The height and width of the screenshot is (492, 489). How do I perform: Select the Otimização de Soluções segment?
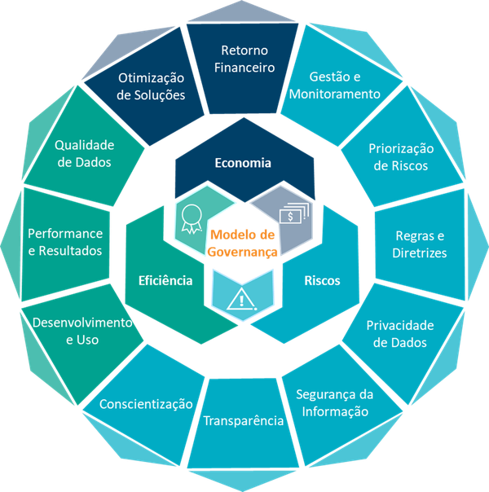point(148,86)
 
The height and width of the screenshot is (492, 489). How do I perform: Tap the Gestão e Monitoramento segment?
point(337,86)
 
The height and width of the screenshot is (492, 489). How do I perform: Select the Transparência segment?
point(243,422)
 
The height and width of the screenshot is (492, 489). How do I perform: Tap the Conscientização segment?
point(146,405)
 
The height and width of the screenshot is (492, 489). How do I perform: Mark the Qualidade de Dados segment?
point(85,151)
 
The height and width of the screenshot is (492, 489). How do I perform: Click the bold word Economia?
point(243,163)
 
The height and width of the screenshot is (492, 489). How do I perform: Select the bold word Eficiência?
point(165,280)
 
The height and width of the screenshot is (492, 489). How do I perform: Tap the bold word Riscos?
point(323,280)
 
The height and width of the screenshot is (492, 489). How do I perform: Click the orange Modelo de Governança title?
point(243,244)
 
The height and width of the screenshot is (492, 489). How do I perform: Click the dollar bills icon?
point(294,213)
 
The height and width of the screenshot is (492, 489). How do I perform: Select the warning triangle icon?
point(241,299)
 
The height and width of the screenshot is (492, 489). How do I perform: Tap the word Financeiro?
point(244,68)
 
